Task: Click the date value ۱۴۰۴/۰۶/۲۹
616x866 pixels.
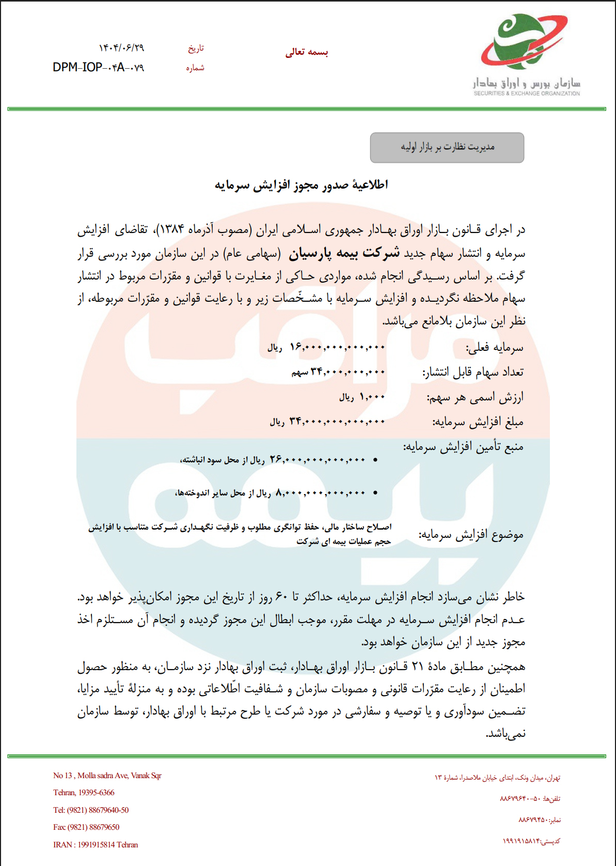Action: pyautogui.click(x=121, y=48)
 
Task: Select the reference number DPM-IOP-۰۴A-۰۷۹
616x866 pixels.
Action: pyautogui.click(x=98, y=68)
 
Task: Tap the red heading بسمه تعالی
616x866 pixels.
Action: pyautogui.click(x=307, y=52)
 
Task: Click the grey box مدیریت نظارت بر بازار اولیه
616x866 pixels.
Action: pyautogui.click(x=447, y=148)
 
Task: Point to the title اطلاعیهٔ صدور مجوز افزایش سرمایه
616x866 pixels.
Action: pyautogui.click(x=302, y=185)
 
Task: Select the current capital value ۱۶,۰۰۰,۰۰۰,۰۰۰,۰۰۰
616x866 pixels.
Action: pyautogui.click(x=337, y=347)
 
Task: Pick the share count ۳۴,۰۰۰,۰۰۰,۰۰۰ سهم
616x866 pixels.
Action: pyautogui.click(x=339, y=372)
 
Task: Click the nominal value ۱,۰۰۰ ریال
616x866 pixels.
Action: pyautogui.click(x=362, y=397)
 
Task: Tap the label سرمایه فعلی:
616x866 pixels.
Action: pyautogui.click(x=495, y=348)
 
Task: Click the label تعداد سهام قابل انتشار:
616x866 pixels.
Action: pyautogui.click(x=473, y=373)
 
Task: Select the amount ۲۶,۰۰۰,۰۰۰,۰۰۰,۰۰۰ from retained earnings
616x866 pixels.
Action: pyautogui.click(x=318, y=459)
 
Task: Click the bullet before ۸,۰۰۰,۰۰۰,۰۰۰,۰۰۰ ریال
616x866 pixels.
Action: pyautogui.click(x=375, y=493)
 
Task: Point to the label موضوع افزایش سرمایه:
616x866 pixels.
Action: pyautogui.click(x=471, y=535)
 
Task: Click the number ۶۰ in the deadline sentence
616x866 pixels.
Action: pyautogui.click(x=281, y=597)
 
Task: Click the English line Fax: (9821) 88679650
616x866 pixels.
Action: pyautogui.click(x=86, y=827)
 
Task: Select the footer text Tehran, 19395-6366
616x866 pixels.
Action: pyautogui.click(x=84, y=793)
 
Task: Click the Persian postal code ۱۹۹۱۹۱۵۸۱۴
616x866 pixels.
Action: pyautogui.click(x=521, y=841)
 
